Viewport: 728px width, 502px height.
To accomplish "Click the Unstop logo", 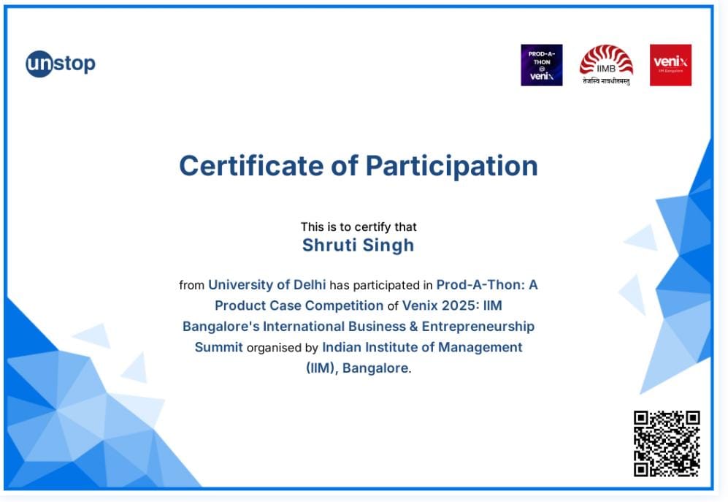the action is point(61,64).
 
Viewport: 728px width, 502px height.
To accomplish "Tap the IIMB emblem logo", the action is point(606,64).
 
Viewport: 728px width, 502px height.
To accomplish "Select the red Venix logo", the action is point(670,65).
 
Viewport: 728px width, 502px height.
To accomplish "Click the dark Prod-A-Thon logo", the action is point(541,65).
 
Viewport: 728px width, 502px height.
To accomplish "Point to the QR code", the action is point(667,444).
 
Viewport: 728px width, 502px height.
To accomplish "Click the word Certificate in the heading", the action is point(251,165).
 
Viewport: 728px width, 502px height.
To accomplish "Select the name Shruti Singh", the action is point(358,246).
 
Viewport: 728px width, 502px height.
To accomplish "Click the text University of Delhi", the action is point(267,284).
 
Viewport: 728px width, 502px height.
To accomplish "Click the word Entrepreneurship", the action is point(478,327).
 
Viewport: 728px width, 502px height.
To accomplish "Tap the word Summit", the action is point(218,347).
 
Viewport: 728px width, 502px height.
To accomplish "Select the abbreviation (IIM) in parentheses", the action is point(321,368).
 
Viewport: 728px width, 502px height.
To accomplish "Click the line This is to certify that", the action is point(359,227).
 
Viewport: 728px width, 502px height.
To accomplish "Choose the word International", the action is point(304,327).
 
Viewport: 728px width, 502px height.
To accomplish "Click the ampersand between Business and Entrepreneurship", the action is point(413,327).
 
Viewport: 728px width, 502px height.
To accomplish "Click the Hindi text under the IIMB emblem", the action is point(606,81).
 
